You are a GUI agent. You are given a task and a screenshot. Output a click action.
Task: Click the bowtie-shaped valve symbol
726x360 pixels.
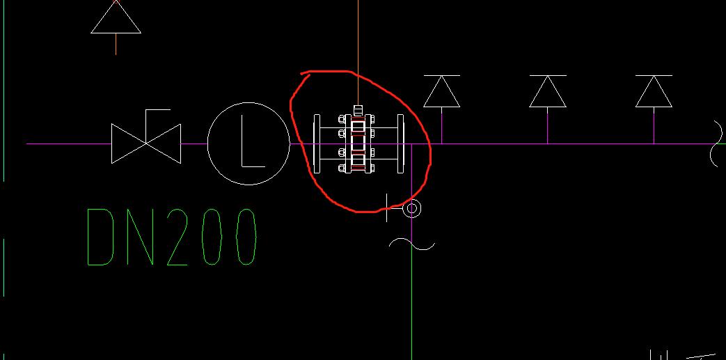pyautogui.click(x=146, y=143)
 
